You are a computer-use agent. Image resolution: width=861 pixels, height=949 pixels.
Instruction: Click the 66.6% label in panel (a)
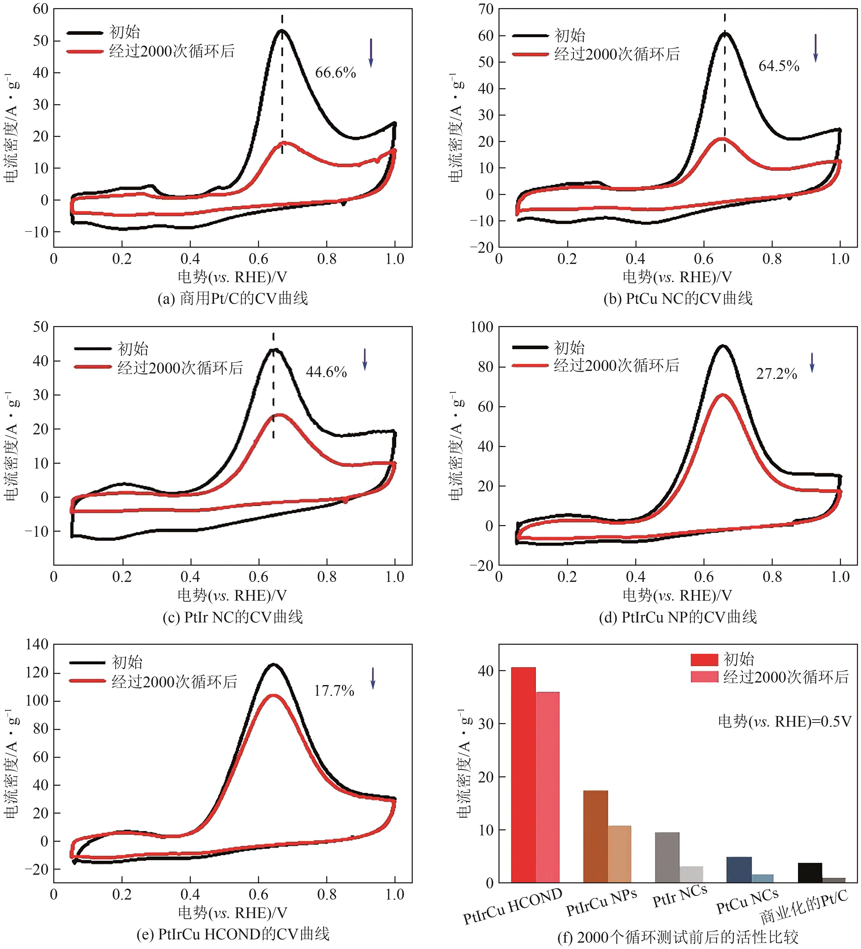click(x=335, y=73)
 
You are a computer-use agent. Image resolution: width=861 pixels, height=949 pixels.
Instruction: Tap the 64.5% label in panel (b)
click(x=779, y=66)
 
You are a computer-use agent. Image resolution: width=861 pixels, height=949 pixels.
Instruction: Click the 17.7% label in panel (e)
click(x=334, y=691)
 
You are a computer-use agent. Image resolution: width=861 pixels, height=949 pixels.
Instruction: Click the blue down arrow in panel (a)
click(x=371, y=53)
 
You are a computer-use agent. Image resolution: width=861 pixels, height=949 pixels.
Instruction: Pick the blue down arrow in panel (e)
click(x=373, y=678)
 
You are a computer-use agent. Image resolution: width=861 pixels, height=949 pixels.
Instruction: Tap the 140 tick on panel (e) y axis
click(x=37, y=644)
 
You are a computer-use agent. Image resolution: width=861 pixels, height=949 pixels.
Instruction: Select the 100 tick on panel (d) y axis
click(x=481, y=327)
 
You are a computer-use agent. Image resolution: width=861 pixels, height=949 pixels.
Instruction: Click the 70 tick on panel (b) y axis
click(x=485, y=9)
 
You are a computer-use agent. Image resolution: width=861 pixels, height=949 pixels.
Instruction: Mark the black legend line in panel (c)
click(x=93, y=349)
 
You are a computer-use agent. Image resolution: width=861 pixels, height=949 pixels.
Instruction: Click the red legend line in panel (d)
click(x=530, y=365)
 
